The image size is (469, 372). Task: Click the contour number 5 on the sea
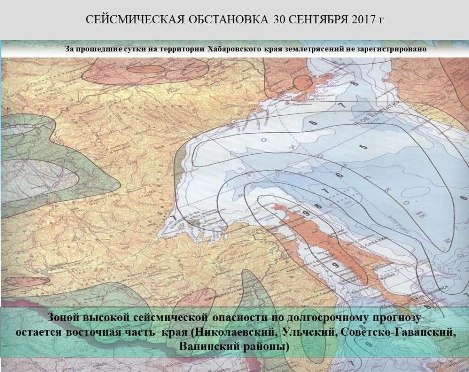[363, 147]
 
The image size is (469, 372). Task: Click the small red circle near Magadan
[302, 83]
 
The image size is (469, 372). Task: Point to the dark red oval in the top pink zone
[146, 69]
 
